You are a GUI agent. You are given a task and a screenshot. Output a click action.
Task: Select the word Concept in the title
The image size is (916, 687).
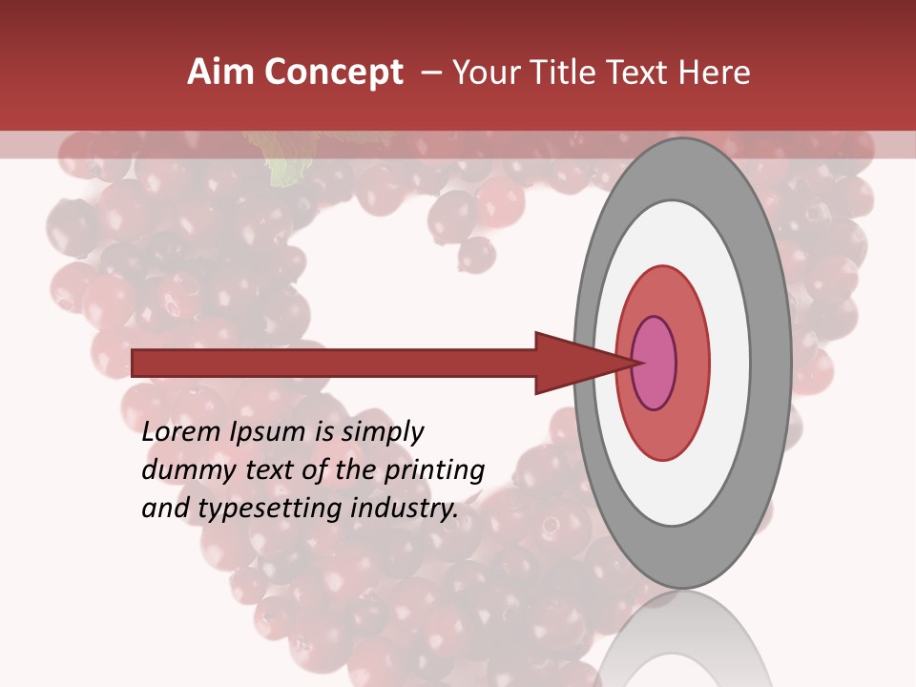(x=333, y=73)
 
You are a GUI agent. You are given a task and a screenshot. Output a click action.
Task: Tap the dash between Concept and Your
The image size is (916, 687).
(x=430, y=73)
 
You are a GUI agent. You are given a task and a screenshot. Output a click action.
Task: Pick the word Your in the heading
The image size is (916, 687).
(x=485, y=73)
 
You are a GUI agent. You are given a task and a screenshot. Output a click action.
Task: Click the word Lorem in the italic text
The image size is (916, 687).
(x=181, y=432)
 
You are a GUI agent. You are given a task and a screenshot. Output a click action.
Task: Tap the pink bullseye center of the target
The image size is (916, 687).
(x=655, y=363)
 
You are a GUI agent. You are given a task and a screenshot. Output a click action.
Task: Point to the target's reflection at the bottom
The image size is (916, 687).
(x=682, y=649)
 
